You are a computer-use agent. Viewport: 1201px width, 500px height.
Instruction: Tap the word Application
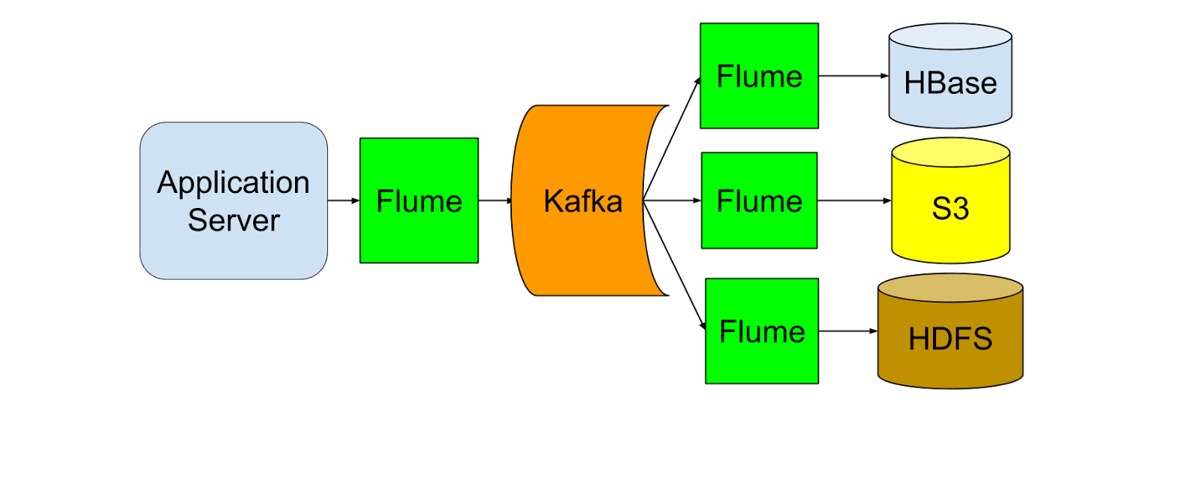pyautogui.click(x=233, y=182)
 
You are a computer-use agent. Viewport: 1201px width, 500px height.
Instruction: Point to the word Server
pyautogui.click(x=233, y=221)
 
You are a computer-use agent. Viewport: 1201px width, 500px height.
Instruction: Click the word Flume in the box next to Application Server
pyautogui.click(x=419, y=201)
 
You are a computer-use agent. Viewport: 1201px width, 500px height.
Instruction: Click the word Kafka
pyautogui.click(x=582, y=201)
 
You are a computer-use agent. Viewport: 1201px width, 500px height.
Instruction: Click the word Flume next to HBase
pyautogui.click(x=759, y=77)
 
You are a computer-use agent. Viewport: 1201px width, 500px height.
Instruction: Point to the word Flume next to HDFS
pyautogui.click(x=762, y=332)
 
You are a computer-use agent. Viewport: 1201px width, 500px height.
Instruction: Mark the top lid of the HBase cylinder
pyautogui.click(x=950, y=37)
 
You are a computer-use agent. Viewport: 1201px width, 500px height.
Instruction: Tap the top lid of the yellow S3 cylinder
pyautogui.click(x=950, y=152)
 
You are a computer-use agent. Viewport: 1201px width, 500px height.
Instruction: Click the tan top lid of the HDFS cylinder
pyautogui.click(x=950, y=288)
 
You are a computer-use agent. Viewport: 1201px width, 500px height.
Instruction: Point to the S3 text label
pyautogui.click(x=950, y=208)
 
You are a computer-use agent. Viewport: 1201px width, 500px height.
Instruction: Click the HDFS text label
pyautogui.click(x=950, y=339)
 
